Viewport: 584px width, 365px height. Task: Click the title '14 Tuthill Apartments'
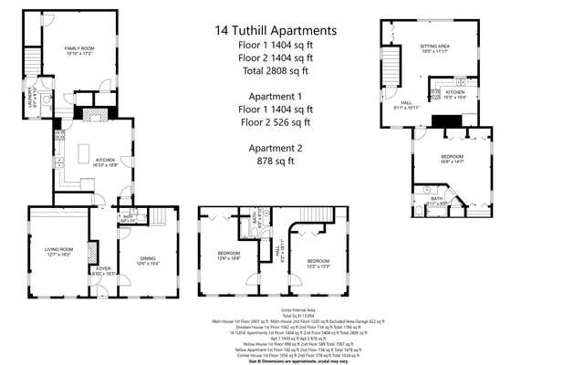coord(276,30)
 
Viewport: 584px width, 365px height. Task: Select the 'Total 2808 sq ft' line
coord(276,69)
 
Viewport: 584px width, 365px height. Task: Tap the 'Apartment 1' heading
coord(276,96)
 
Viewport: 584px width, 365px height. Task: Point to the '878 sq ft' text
coord(276,162)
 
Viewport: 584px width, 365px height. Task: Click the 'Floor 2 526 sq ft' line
coord(276,121)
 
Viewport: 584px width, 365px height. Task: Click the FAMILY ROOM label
coord(79,48)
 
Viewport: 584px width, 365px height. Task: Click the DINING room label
coord(147,260)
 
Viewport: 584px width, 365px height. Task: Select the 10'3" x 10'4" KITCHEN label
coord(454,92)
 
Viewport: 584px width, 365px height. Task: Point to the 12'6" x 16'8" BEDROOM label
coord(227,255)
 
